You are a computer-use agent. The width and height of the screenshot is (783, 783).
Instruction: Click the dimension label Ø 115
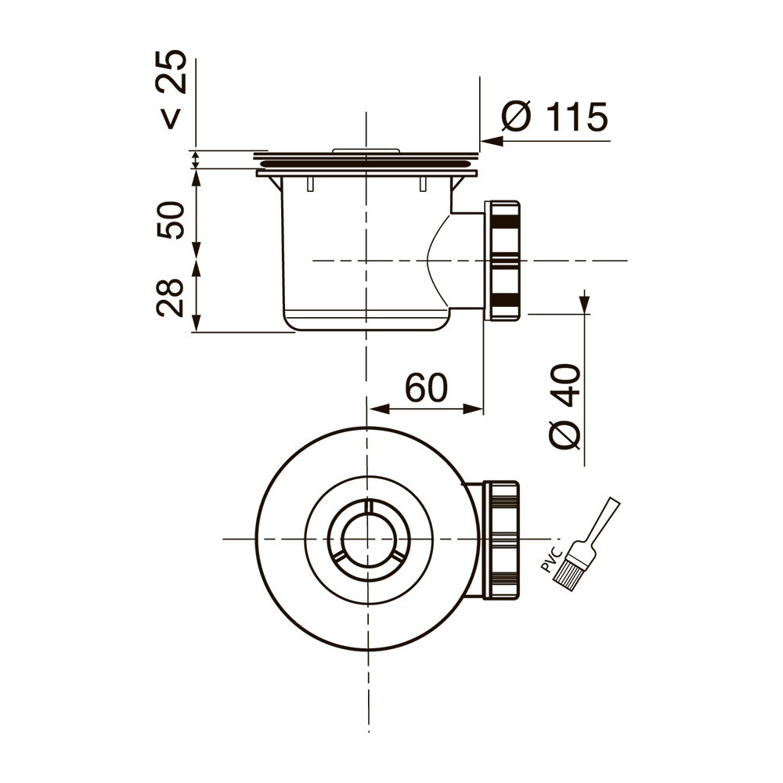(555, 117)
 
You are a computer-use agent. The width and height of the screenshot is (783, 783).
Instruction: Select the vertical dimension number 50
(171, 220)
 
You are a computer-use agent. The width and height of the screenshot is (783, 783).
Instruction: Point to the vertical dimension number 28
(170, 298)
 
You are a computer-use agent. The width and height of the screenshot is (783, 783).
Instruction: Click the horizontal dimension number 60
(426, 388)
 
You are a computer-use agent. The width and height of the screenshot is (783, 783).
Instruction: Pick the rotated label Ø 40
(565, 406)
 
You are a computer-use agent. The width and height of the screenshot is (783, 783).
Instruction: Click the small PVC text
(552, 560)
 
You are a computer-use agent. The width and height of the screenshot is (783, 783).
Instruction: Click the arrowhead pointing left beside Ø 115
(491, 141)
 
